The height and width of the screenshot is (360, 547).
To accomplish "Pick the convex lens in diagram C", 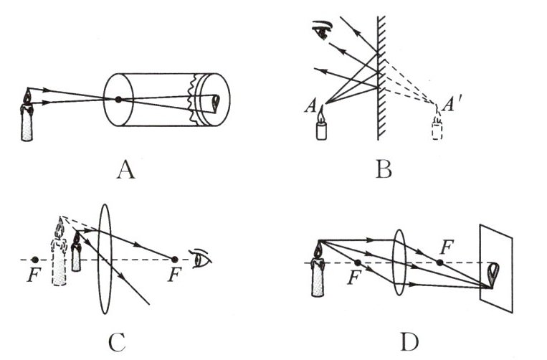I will [x=105, y=258].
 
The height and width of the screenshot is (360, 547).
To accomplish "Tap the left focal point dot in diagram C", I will [x=35, y=259].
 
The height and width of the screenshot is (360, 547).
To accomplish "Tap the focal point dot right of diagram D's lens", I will [x=439, y=262].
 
